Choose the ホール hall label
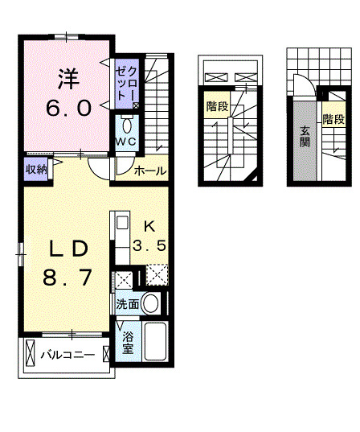pyautogui.click(x=149, y=171)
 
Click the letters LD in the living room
pyautogui.click(x=64, y=247)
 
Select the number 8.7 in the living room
pyautogui.click(x=64, y=278)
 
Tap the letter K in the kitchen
pyautogui.click(x=149, y=225)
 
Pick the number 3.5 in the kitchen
pyautogui.click(x=149, y=246)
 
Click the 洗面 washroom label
pyautogui.click(x=127, y=305)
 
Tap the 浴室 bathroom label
pyautogui.click(x=128, y=344)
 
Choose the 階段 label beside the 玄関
pyautogui.click(x=333, y=120)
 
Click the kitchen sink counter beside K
pyautogui.click(x=121, y=232)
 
